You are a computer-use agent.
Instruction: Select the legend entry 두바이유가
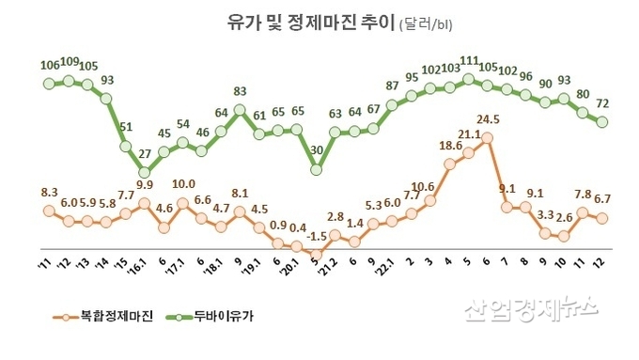pyautogui.click(x=214, y=316)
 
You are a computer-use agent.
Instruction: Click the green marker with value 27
pyautogui.click(x=144, y=172)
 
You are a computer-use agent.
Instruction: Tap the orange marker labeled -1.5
pyautogui.click(x=316, y=254)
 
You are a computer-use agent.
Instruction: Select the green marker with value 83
pyautogui.click(x=240, y=110)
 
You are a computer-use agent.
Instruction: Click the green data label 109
pyautogui.click(x=69, y=62)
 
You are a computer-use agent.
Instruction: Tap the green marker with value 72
pyautogui.click(x=601, y=122)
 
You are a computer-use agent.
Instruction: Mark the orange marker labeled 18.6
pyautogui.click(x=450, y=164)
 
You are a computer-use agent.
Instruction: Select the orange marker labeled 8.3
pyautogui.click(x=49, y=211)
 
